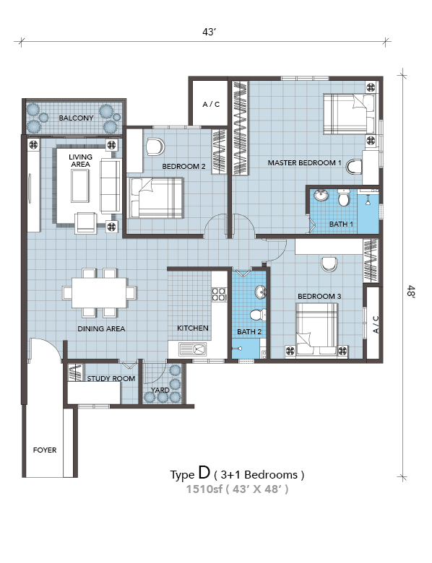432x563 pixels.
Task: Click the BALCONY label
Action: pyautogui.click(x=76, y=118)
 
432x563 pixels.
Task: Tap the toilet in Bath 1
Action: pyautogui.click(x=344, y=198)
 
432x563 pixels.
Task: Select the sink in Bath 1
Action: pyautogui.click(x=321, y=196)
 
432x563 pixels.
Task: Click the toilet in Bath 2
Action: pyautogui.click(x=258, y=315)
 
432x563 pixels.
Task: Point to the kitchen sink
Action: pyautogui.click(x=193, y=349)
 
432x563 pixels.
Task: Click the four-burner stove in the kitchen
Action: pyautogui.click(x=218, y=294)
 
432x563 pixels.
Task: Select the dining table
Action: pyautogui.click(x=99, y=292)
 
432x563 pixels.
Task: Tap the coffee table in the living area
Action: pyautogui.click(x=79, y=186)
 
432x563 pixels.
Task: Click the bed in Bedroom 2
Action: pyautogui.click(x=155, y=198)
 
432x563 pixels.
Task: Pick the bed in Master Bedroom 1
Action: pyautogui.click(x=350, y=114)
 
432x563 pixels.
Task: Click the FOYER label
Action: pyautogui.click(x=45, y=450)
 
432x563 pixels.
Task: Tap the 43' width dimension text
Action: pyautogui.click(x=209, y=32)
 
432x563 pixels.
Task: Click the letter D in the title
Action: pyautogui.click(x=204, y=472)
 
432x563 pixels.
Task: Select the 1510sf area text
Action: pyautogui.click(x=204, y=489)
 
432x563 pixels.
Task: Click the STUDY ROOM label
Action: pyautogui.click(x=111, y=378)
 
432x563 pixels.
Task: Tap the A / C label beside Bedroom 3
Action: pyautogui.click(x=376, y=324)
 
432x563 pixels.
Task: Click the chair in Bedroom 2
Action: pyautogui.click(x=155, y=147)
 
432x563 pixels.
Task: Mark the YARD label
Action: pyautogui.click(x=160, y=390)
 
